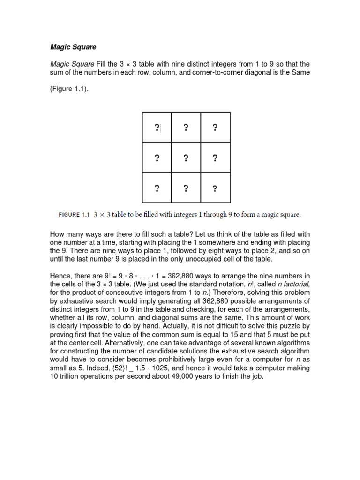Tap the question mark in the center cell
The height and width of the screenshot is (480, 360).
186,158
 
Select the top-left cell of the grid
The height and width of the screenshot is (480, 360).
157,127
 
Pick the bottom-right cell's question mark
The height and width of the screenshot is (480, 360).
215,188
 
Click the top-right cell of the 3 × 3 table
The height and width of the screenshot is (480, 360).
215,127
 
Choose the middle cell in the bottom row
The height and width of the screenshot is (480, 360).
186,188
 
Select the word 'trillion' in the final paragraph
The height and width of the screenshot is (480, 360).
69,376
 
